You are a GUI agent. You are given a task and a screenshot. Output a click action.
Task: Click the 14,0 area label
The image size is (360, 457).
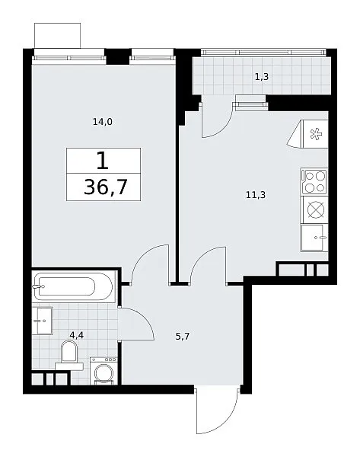point(103,122)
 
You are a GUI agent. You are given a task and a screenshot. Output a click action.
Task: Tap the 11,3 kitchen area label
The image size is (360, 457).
point(256,195)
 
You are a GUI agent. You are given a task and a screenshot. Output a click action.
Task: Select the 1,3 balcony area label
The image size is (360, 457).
point(262,77)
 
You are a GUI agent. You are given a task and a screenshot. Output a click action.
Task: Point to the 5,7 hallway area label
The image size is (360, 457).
point(183,337)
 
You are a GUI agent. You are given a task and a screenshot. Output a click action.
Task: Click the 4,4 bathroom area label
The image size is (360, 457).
point(77,335)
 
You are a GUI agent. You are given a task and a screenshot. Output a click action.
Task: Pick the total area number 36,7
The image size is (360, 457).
point(106,187)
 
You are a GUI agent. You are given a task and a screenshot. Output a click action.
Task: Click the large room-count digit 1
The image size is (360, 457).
point(103,161)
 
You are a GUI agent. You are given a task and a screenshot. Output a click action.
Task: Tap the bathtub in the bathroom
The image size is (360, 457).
point(73,286)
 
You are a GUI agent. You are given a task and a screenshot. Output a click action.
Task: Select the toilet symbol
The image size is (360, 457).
point(69,355)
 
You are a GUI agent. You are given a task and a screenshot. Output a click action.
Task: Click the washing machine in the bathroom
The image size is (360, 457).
point(104,371)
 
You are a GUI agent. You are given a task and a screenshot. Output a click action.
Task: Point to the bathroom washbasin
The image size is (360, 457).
point(42,321)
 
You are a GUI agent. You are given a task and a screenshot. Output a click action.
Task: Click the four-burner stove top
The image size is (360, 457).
point(314,181)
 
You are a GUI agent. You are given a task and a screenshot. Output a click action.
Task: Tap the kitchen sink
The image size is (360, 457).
point(314,238)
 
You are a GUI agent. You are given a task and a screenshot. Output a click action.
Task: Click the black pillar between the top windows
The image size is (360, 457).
point(118,56)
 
